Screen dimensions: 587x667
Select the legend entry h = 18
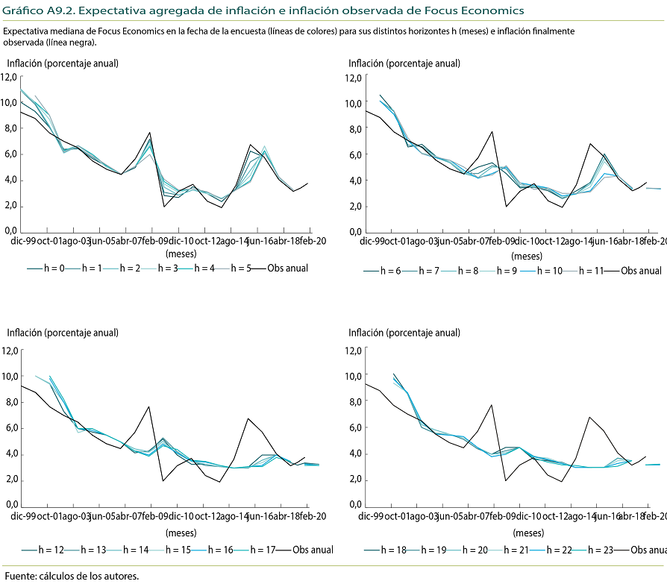tap(393, 550)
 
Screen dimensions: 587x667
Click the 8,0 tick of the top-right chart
tap(355, 128)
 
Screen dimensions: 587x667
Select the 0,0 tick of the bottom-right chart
tap(355, 506)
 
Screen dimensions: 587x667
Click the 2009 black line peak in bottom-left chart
tap(149, 406)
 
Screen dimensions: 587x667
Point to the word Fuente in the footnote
tap(20, 577)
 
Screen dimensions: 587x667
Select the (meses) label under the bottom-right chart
tap(528, 533)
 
